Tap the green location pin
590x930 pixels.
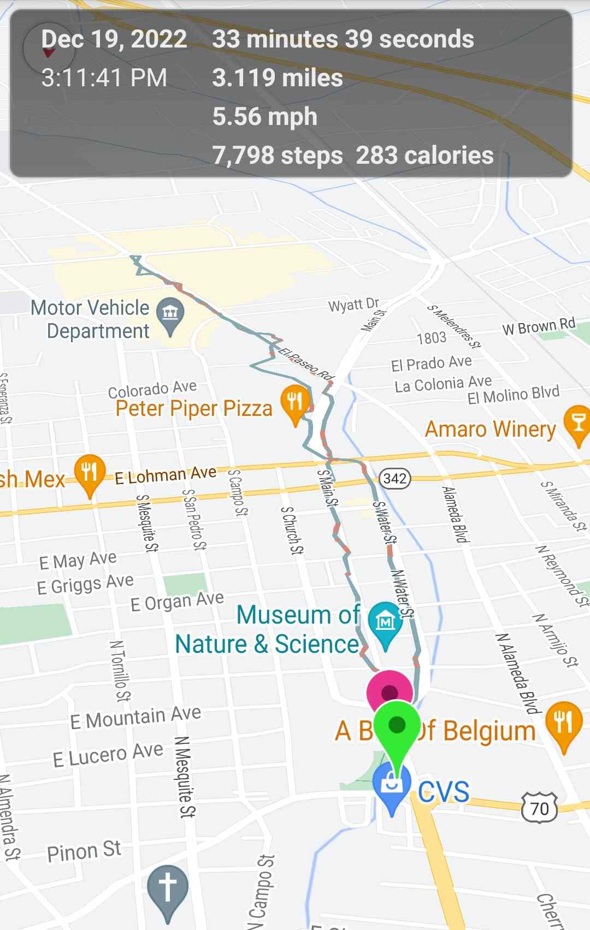(397, 726)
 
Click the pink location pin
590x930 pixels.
(389, 691)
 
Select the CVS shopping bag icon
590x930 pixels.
(392, 784)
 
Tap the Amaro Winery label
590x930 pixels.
(490, 429)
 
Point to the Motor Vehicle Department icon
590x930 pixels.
(170, 313)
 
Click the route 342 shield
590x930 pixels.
(395, 479)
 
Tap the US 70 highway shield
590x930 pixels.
(539, 808)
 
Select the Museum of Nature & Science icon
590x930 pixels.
(385, 621)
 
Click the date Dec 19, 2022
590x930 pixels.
(114, 39)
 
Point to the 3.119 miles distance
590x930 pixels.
(278, 78)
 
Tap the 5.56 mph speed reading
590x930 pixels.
(265, 117)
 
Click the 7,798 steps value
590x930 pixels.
(278, 156)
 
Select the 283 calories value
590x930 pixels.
(424, 156)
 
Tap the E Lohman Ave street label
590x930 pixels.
(165, 475)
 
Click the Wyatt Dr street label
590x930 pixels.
(353, 305)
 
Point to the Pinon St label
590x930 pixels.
(84, 851)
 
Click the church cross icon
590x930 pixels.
(168, 887)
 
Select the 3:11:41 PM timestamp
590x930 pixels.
(104, 78)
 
